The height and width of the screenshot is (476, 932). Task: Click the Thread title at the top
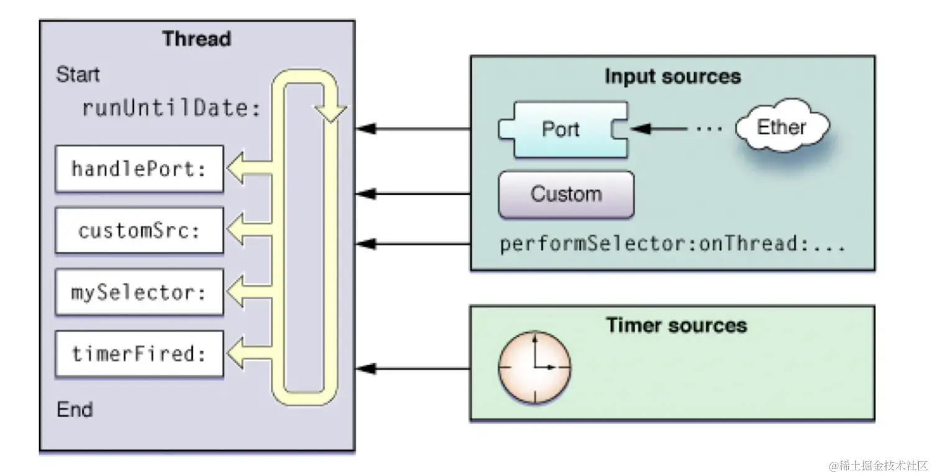click(x=196, y=39)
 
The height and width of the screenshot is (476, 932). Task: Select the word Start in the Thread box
click(x=78, y=75)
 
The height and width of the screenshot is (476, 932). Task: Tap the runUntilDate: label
click(x=171, y=109)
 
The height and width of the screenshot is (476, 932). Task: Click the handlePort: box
click(x=139, y=169)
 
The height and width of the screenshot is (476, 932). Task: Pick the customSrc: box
click(x=139, y=231)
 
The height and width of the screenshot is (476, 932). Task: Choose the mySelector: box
click(x=139, y=292)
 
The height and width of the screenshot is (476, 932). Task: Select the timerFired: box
click(x=139, y=354)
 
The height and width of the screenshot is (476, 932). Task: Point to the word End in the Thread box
click(x=75, y=410)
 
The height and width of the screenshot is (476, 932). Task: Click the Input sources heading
click(x=672, y=77)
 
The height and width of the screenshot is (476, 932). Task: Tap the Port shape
click(x=561, y=129)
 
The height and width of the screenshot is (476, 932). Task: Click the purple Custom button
click(x=566, y=194)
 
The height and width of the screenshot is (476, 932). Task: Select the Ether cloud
click(x=781, y=128)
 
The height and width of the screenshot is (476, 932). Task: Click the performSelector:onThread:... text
click(x=672, y=244)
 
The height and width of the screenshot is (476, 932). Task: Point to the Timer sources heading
click(x=676, y=325)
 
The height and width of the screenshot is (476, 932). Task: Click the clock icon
click(x=534, y=367)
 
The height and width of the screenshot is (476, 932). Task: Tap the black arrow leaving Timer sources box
click(x=413, y=369)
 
